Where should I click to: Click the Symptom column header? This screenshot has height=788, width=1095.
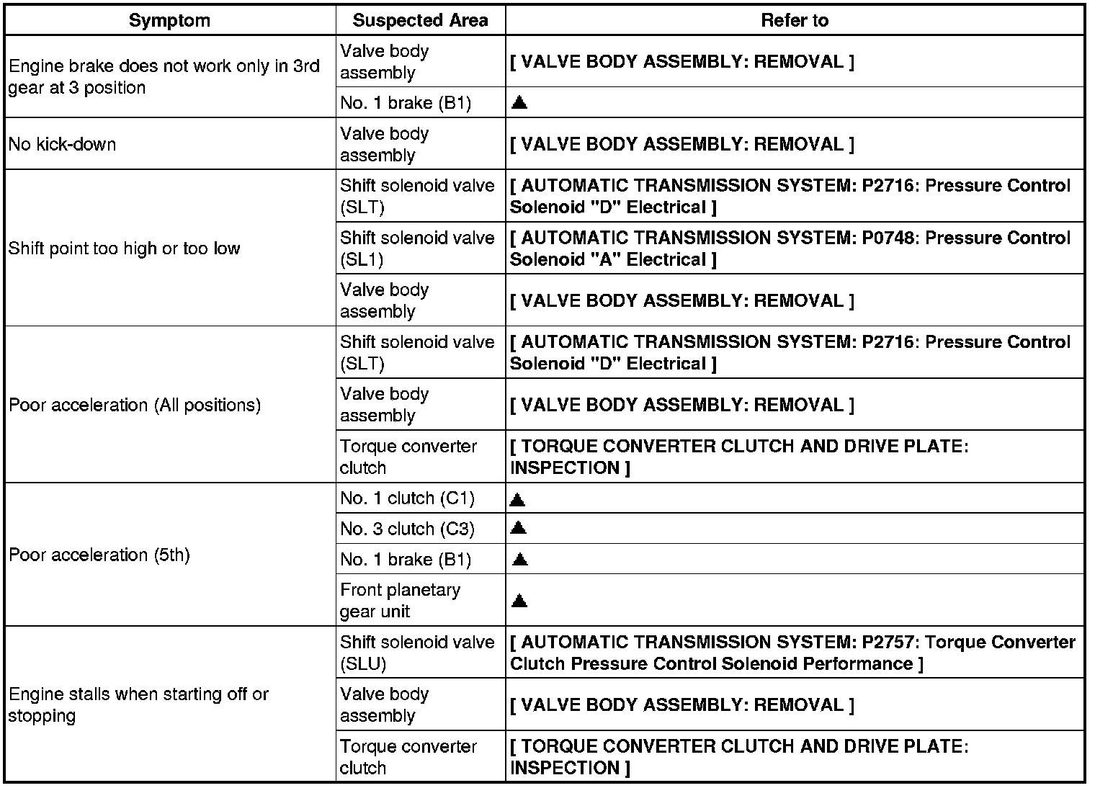(169, 21)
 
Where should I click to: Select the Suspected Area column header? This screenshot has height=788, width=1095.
(420, 21)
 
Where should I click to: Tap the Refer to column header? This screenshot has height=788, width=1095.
(795, 21)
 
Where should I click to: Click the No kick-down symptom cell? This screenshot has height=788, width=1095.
(62, 144)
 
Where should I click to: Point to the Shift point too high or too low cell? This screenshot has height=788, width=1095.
(124, 249)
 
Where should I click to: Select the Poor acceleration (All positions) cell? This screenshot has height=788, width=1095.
(135, 405)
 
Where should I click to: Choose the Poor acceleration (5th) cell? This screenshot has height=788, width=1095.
(99, 555)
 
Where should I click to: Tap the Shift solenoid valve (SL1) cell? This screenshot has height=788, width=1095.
(417, 249)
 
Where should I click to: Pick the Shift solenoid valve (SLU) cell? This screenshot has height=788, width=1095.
(417, 653)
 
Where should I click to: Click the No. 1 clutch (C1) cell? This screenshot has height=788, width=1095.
(407, 498)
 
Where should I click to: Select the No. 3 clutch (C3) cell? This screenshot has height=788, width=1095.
(407, 529)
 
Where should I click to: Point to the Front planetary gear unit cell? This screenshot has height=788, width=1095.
(400, 600)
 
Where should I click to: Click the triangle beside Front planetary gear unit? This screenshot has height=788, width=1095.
(519, 601)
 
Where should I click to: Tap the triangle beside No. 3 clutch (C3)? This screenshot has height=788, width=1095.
(518, 528)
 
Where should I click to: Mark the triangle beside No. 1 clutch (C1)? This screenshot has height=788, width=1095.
(517, 498)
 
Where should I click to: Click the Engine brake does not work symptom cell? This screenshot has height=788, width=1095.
(164, 76)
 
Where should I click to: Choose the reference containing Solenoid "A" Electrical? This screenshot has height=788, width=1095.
(790, 249)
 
